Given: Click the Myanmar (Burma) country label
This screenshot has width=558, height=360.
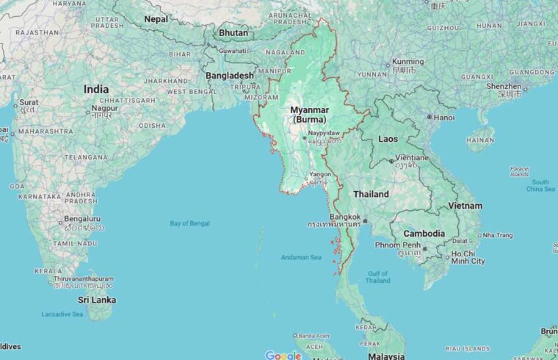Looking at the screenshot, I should click(x=308, y=115).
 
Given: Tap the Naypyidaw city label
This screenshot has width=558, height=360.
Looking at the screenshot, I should click(x=324, y=133).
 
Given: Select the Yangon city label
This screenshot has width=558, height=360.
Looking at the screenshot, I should click(x=320, y=174).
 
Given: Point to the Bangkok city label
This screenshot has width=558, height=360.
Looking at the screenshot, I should click(x=345, y=217).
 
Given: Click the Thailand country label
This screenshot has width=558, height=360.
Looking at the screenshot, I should click(x=371, y=195).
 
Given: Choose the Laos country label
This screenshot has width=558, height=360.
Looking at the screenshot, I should click(x=388, y=138).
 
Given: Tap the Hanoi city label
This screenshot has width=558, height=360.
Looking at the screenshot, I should click(x=444, y=117).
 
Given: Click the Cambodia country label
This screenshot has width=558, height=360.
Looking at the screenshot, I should click(x=424, y=234).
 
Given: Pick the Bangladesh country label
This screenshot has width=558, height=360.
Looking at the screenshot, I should click(x=230, y=76).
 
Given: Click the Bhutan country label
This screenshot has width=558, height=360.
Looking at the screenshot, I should click(x=233, y=33).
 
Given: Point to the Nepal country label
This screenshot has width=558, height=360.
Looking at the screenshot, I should click(x=156, y=19).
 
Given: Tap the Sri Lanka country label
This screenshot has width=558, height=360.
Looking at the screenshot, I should click(x=97, y=300).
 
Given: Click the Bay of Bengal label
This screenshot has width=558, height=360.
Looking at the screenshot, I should click(x=189, y=223).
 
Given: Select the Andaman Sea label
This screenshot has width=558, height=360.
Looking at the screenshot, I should click(x=301, y=257).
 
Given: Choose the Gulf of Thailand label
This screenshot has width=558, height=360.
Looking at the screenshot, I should click(x=377, y=277).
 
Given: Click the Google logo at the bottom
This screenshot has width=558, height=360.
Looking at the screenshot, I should click(x=283, y=356).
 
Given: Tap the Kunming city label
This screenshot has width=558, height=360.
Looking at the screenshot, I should click(x=408, y=62).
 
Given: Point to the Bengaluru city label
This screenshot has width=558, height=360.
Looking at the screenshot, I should click(x=82, y=218).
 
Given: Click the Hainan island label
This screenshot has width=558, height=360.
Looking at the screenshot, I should click(x=480, y=140).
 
